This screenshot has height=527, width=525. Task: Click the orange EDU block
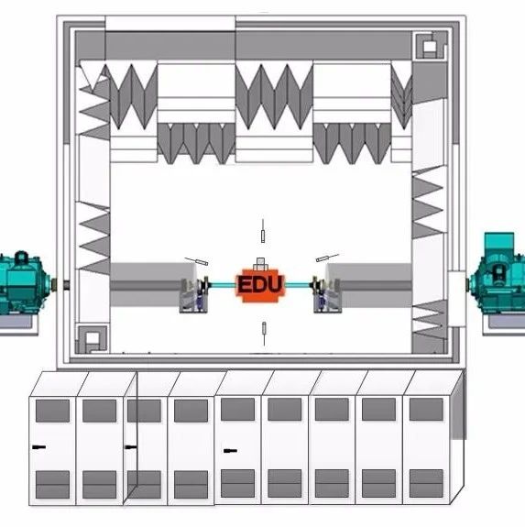click(x=260, y=285)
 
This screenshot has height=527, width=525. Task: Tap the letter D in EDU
click(x=260, y=284)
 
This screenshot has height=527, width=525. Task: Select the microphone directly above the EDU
click(x=263, y=231)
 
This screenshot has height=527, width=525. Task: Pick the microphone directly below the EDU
click(x=264, y=334)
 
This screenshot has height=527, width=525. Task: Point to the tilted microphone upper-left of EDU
click(x=196, y=261)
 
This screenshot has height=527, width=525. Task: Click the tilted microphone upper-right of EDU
click(x=327, y=258)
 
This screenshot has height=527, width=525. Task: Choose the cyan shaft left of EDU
click(x=223, y=286)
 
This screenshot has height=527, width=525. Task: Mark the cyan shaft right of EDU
click(x=298, y=286)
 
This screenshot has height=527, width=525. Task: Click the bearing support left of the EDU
click(x=194, y=294)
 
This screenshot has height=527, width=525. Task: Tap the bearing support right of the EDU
click(x=326, y=294)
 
